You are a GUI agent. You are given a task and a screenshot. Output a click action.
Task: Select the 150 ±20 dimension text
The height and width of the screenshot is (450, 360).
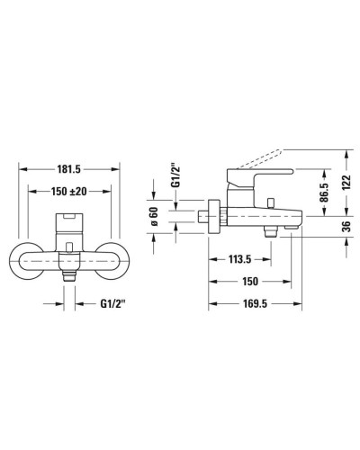click(x=70, y=191)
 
